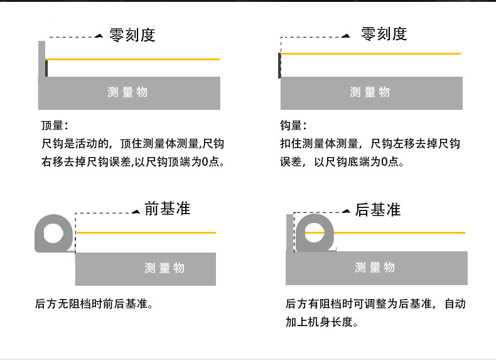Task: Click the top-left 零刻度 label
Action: pyautogui.click(x=132, y=35)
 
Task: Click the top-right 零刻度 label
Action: pyautogui.click(x=384, y=34)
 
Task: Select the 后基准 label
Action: pyautogui.click(x=377, y=209)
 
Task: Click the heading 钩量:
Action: pyautogui.click(x=293, y=126)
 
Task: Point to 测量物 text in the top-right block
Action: pyautogui.click(x=370, y=92)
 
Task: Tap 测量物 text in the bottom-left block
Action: pyautogui.click(x=164, y=268)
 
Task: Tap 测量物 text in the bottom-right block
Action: pyautogui.click(x=375, y=268)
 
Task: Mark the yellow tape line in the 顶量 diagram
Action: pyautogui.click(x=132, y=59)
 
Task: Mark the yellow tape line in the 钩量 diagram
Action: pyautogui.click(x=370, y=54)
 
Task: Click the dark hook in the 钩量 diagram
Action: pyautogui.click(x=279, y=65)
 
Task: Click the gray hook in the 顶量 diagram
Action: pyautogui.click(x=41, y=60)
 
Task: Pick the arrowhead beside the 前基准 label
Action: pyautogui.click(x=136, y=212)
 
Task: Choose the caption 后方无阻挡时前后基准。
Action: pyautogui.click(x=95, y=305)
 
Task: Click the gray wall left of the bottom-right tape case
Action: pyautogui.click(x=289, y=232)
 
